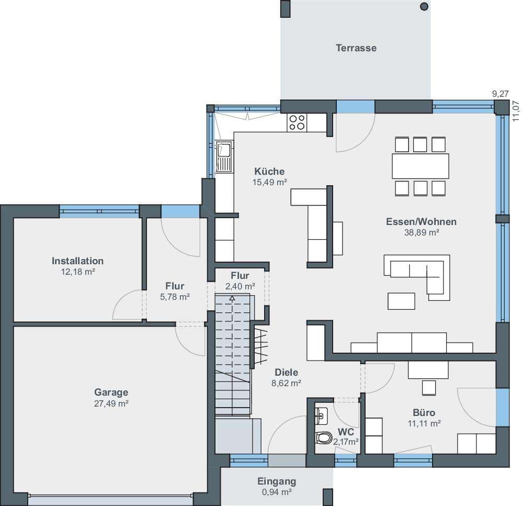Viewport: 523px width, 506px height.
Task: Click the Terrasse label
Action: coord(356,48)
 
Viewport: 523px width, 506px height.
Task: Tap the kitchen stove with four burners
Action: coord(297,122)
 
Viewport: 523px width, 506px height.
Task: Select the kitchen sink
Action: coord(224,156)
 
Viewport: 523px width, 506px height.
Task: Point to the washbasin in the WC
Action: coord(321,416)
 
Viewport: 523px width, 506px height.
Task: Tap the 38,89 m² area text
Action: coord(421,233)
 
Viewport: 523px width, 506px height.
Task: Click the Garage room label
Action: coord(111,392)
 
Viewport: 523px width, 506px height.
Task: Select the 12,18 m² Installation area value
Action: coord(78,272)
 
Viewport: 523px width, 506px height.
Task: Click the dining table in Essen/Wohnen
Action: coord(420,166)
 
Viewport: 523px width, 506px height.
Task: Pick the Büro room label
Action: coord(424,412)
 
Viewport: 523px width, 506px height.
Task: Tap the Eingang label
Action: coord(277,481)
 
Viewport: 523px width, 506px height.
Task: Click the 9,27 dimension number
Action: coord(501,94)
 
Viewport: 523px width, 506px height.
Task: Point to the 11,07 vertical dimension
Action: coord(516,111)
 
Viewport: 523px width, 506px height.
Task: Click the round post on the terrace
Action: coord(424,6)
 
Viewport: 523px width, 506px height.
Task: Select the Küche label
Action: coord(269,172)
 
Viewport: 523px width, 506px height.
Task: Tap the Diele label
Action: coord(286,372)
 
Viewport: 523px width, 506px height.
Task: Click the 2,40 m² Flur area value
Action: coord(240,286)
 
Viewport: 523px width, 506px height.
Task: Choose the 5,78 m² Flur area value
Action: coord(175,297)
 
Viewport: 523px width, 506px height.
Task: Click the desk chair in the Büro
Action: coord(429,388)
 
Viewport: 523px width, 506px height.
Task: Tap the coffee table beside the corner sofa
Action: coord(401,301)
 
